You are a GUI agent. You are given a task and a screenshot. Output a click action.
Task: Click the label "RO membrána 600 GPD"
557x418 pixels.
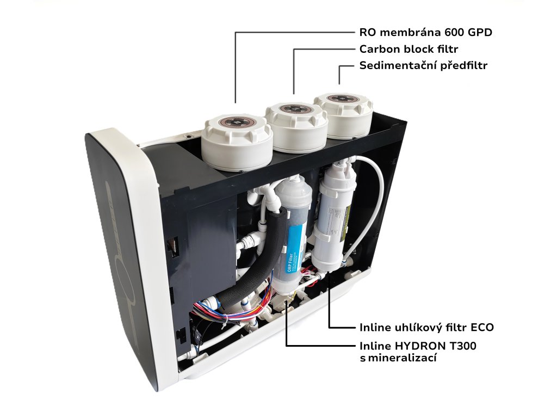pyautogui.click(x=425, y=32)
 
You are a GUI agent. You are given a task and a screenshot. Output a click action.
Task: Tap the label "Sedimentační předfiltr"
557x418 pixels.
pyautogui.click(x=423, y=66)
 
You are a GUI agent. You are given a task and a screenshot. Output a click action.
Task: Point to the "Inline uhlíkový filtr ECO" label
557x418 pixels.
pyautogui.click(x=426, y=328)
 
